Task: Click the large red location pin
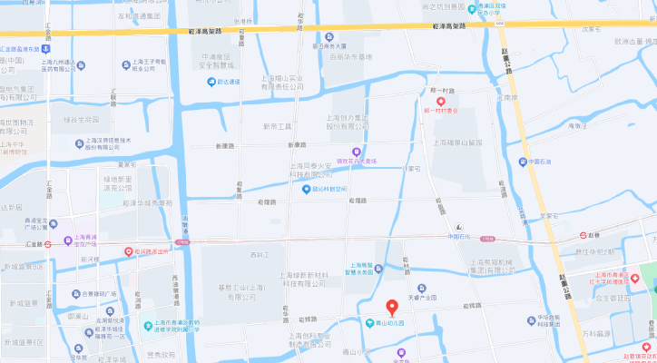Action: (x=392, y=308)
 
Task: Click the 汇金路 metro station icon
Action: (x=55, y=242)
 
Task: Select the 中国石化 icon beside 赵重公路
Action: (x=523, y=162)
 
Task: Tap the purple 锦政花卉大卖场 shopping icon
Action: (x=356, y=152)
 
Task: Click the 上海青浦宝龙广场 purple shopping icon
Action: (x=68, y=242)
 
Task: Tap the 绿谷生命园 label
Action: (x=81, y=119)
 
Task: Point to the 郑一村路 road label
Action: (x=442, y=91)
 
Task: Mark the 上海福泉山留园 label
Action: (x=464, y=142)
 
